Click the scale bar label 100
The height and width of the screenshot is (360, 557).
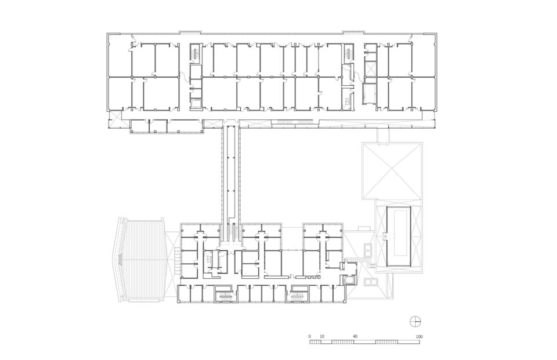419,336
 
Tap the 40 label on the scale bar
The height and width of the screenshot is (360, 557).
355,336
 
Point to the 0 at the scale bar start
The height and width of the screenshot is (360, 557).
310,336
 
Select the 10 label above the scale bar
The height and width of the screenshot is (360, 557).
321,336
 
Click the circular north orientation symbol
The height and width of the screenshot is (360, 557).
415,321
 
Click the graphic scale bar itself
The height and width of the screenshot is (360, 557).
364,342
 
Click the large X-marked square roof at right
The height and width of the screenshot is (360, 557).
391,170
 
